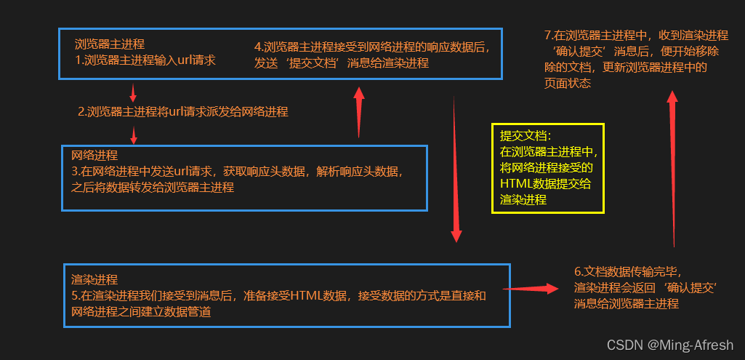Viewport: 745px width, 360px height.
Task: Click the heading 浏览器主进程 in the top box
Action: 110,44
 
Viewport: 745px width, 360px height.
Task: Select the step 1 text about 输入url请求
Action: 145,60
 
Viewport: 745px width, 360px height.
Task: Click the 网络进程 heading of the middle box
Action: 94,156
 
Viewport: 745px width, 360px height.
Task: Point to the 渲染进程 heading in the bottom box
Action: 94,279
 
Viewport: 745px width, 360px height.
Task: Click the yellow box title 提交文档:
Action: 525,136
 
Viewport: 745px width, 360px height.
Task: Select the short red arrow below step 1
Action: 132,92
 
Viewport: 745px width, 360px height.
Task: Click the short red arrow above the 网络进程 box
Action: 133,135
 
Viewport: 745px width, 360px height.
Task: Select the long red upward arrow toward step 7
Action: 672,167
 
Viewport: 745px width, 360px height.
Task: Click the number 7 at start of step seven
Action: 547,35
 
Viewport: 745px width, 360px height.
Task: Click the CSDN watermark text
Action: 624,345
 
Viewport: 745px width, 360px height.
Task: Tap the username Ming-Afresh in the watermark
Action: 697,345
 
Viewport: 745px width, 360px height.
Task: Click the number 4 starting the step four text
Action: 258,47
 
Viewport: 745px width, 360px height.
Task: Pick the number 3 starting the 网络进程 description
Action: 75,172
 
